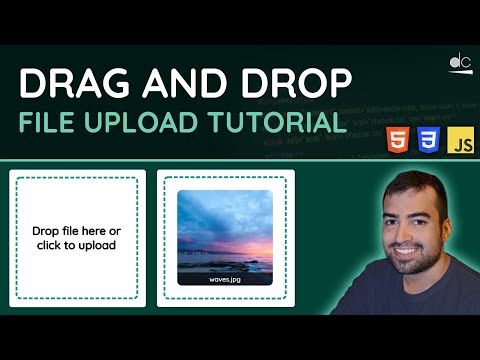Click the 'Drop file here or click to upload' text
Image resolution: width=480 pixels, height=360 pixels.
click(76, 238)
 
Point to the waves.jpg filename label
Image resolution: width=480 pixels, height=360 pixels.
click(225, 281)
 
